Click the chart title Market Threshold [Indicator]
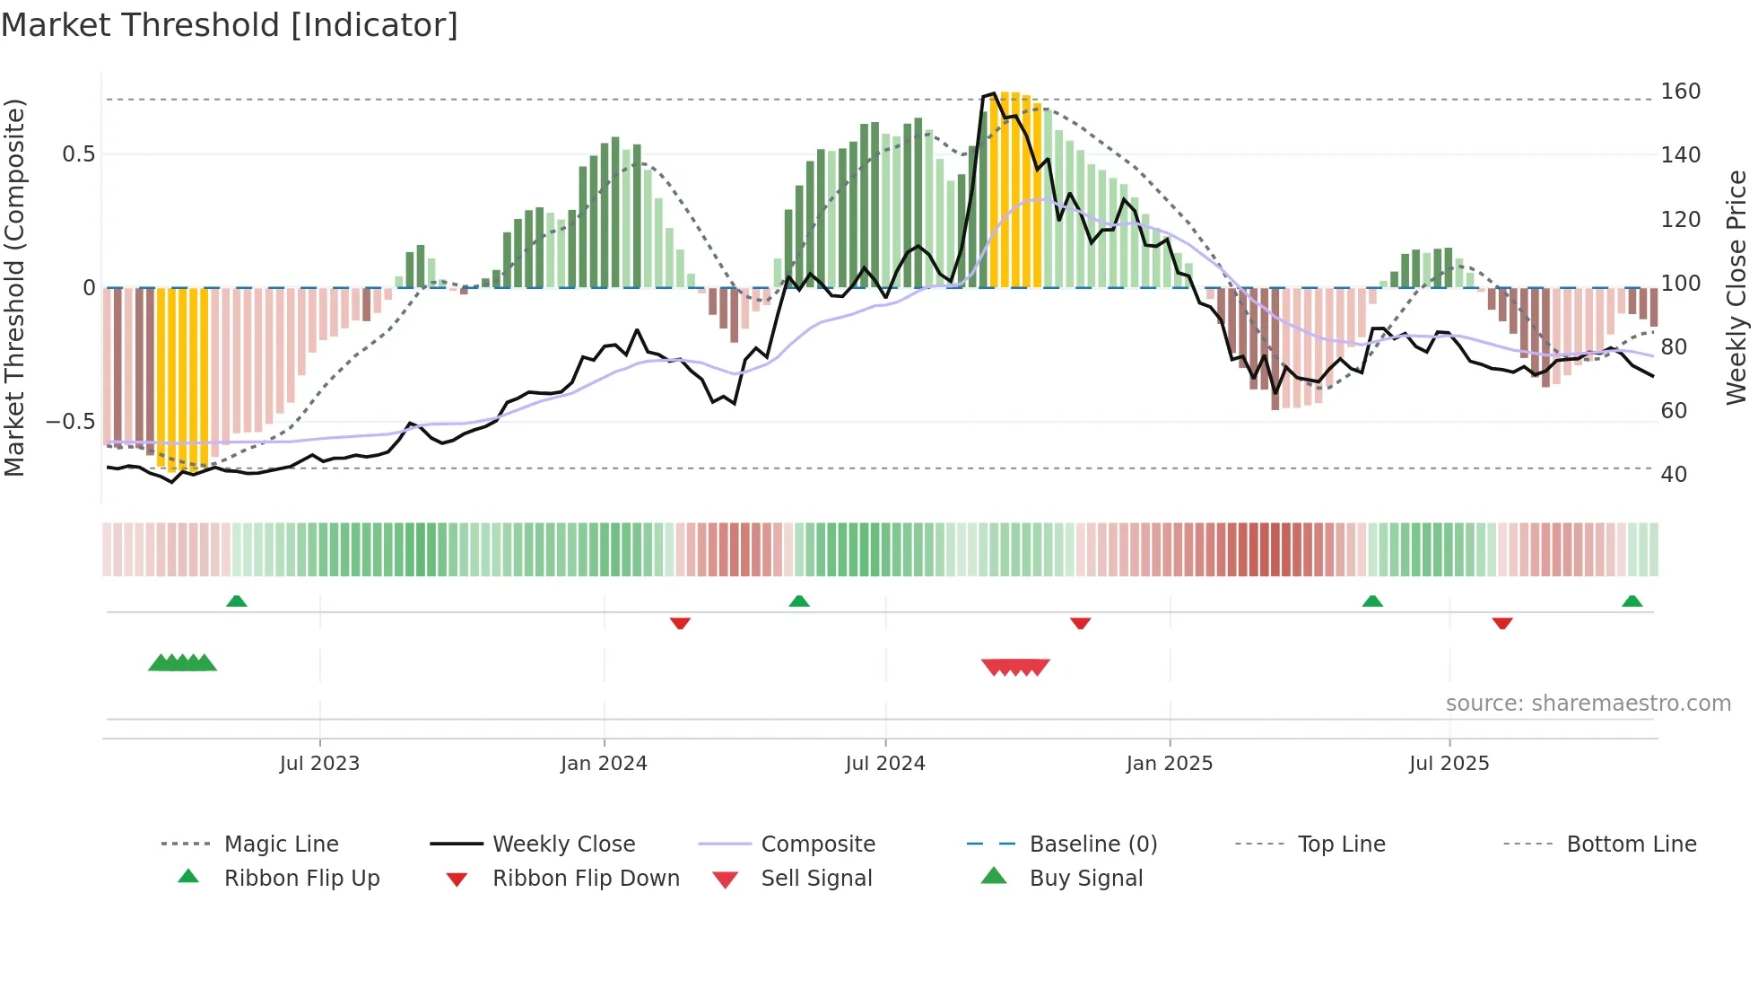tap(230, 25)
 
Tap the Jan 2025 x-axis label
tap(1169, 764)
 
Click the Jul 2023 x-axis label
tap(319, 764)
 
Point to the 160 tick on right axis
tap(1680, 92)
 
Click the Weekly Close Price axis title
tap(1736, 287)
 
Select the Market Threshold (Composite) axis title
tap(14, 287)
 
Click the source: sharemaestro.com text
tap(1588, 704)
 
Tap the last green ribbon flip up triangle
tap(1632, 601)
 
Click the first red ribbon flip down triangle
tap(680, 623)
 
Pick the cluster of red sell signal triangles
tap(1015, 667)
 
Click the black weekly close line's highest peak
tap(993, 93)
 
